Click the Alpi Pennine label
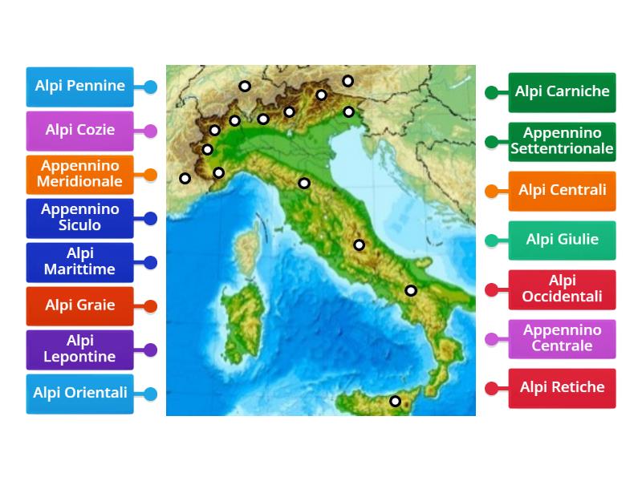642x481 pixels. click(79, 87)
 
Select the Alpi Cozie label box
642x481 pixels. click(79, 130)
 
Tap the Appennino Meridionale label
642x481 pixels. click(79, 174)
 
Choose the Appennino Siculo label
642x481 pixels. click(79, 217)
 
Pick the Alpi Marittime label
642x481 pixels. click(79, 261)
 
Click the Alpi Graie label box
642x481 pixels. click(79, 305)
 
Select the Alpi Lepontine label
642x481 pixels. click(79, 350)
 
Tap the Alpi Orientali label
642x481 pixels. click(79, 394)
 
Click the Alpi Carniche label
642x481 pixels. click(563, 91)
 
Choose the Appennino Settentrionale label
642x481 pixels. click(563, 141)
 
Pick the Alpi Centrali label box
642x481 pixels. click(563, 191)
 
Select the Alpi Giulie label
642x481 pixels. click(563, 240)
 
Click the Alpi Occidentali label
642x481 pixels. click(563, 289)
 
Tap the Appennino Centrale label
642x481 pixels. click(563, 338)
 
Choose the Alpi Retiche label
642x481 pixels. click(563, 388)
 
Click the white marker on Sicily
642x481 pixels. click(395, 401)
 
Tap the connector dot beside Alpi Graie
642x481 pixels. click(150, 306)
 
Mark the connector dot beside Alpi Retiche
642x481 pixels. click(492, 388)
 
